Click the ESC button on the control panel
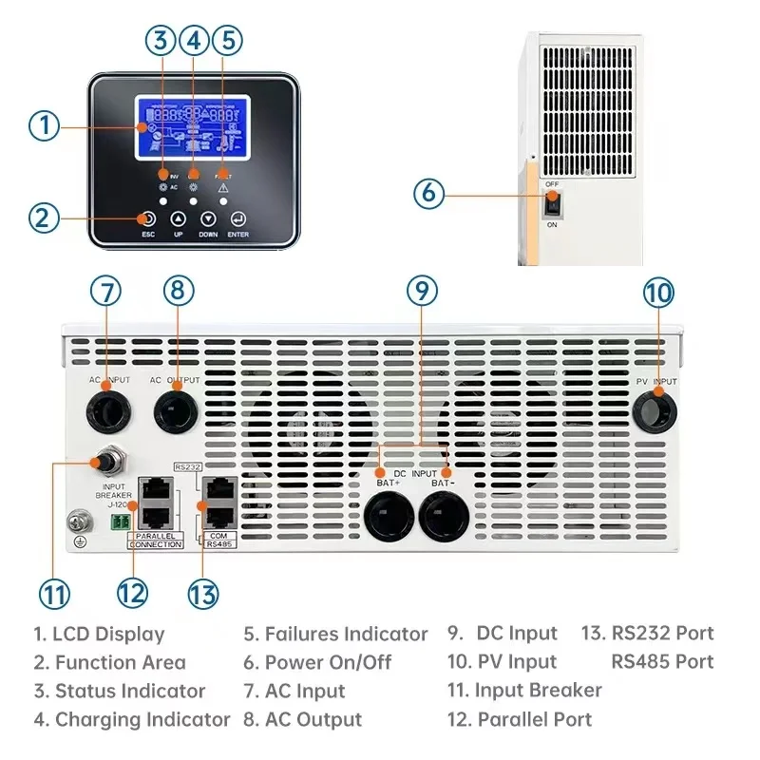(x=148, y=218)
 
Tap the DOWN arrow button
(x=208, y=218)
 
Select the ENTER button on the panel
(x=237, y=218)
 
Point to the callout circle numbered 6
(x=428, y=193)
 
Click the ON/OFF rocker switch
(x=551, y=202)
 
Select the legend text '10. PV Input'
(x=503, y=661)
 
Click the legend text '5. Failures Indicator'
(x=335, y=634)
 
